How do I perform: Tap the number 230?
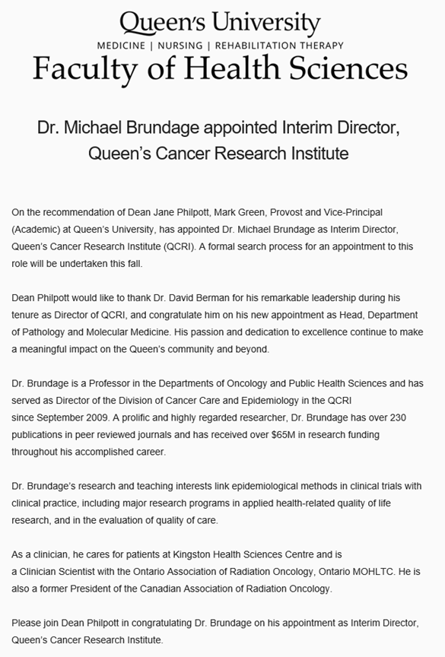pyautogui.click(x=409, y=417)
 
